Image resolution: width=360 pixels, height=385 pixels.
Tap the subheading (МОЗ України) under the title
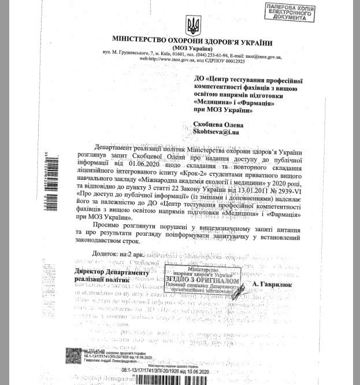click(192, 50)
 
